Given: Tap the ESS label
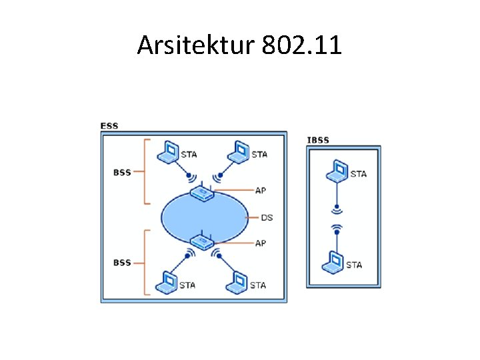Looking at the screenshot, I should (109, 125).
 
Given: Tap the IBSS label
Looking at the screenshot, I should (317, 140).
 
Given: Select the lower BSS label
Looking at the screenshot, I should (122, 263).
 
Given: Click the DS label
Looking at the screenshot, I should (267, 217).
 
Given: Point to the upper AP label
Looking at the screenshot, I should (261, 190).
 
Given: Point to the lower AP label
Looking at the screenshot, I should (261, 243).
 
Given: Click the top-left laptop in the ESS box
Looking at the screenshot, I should (169, 153).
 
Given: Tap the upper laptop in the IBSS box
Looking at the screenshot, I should (339, 171).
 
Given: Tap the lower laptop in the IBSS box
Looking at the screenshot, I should (334, 262).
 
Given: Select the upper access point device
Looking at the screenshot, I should (201, 193).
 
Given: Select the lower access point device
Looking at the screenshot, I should (201, 241).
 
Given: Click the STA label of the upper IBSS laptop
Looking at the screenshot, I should (359, 174).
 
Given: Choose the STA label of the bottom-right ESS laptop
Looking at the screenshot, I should (258, 285).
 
